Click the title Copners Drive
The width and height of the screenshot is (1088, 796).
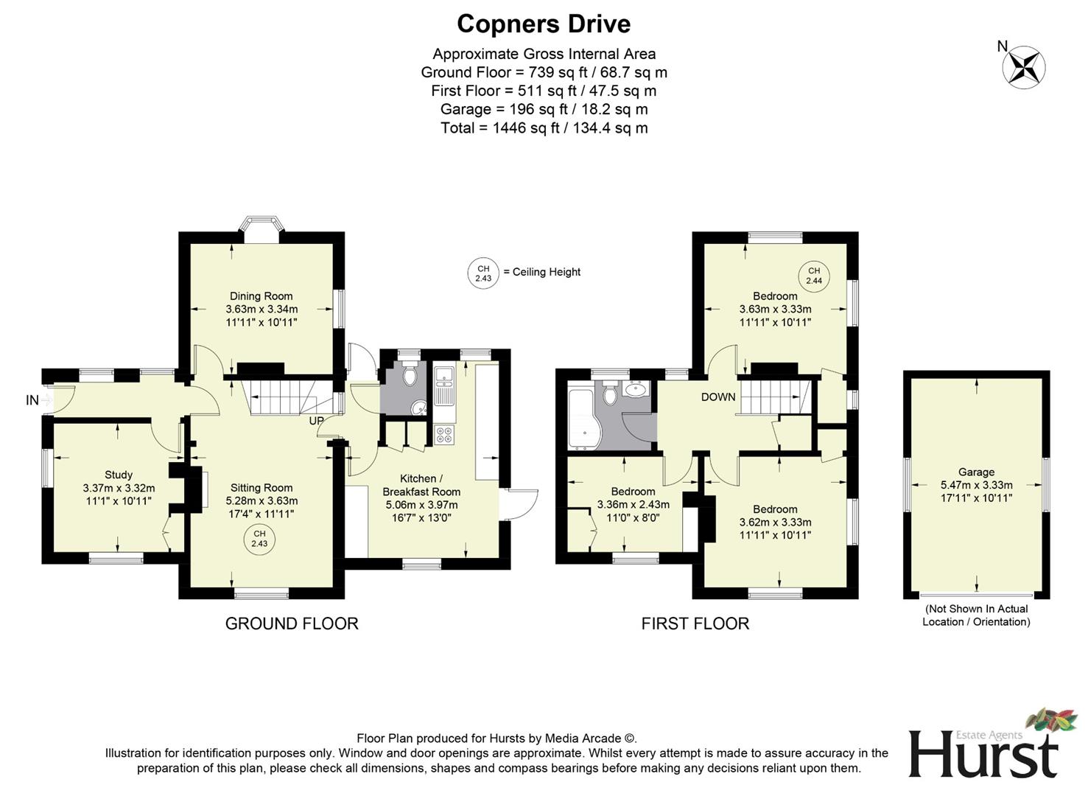click(x=544, y=24)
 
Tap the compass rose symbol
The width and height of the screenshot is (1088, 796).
click(x=1023, y=67)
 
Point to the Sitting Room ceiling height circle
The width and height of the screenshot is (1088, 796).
click(x=259, y=539)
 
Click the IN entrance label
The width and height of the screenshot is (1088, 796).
click(x=32, y=400)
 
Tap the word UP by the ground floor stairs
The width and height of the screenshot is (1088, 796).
click(x=316, y=421)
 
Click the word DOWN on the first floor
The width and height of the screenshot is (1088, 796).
click(x=717, y=397)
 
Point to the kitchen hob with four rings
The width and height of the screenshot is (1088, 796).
click(x=444, y=435)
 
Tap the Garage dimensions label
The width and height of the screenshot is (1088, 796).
click(x=976, y=485)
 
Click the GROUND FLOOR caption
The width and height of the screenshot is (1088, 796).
click(x=292, y=624)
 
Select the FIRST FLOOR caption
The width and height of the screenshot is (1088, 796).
click(x=695, y=624)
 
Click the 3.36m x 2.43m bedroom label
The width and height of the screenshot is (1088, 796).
click(x=633, y=505)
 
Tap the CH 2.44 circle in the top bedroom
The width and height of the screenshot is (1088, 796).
click(x=814, y=276)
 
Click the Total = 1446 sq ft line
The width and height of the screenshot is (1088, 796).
click(x=544, y=128)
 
